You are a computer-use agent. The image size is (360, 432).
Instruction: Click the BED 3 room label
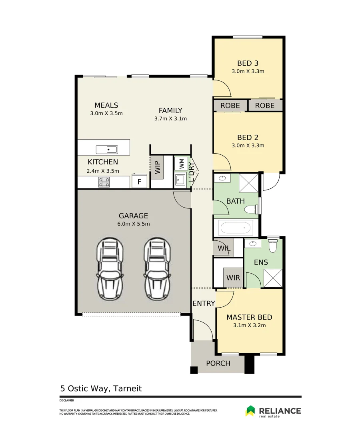point(248,63)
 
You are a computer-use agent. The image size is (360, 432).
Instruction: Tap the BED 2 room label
point(248,138)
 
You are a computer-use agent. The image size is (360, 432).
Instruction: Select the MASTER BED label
point(249,317)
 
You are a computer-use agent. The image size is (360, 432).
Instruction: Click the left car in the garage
point(110,270)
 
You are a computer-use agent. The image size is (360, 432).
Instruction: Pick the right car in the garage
point(157,270)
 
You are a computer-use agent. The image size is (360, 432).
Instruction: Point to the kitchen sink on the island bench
point(107,150)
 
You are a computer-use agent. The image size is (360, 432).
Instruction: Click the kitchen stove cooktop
point(104,182)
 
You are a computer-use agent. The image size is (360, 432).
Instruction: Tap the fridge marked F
point(139,182)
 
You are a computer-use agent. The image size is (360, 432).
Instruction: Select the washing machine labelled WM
point(182,163)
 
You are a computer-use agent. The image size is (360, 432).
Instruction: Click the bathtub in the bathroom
point(236,228)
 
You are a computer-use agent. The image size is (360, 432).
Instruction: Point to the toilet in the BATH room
point(251,209)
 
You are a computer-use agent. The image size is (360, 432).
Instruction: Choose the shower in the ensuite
point(273,278)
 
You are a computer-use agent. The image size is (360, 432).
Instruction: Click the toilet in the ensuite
point(273,245)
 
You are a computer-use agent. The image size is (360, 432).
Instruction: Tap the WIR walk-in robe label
point(233,278)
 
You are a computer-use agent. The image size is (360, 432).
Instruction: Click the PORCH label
point(218,363)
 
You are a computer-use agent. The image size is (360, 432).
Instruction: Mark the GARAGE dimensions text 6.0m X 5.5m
point(134,224)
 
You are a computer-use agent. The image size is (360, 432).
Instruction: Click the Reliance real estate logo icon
point(250,411)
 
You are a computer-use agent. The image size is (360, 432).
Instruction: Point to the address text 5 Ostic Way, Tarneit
point(101,388)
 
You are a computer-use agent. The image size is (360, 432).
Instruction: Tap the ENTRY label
point(204,304)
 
